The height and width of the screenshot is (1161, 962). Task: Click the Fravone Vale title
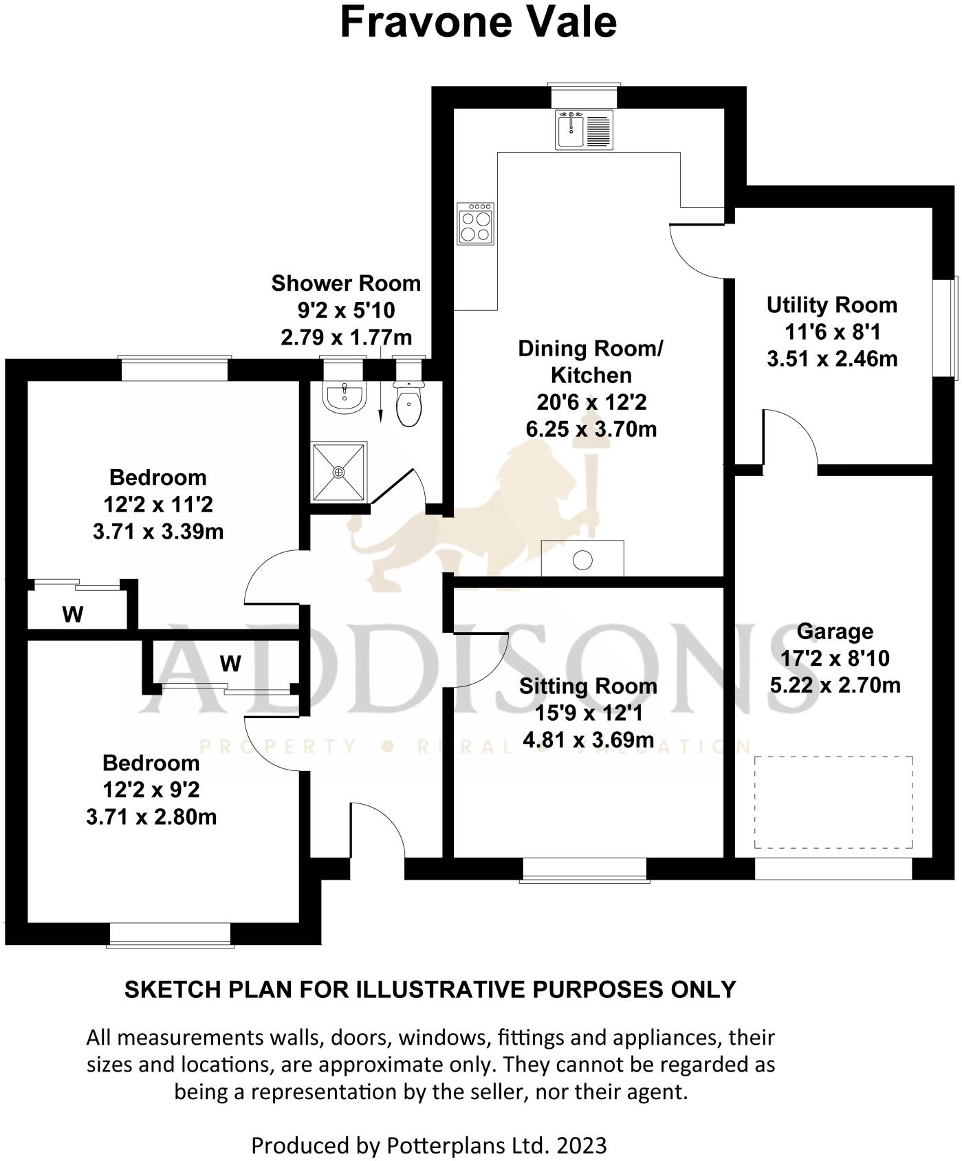478,22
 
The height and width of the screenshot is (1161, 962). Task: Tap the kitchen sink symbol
584,130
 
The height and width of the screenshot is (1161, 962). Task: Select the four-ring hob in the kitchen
476,224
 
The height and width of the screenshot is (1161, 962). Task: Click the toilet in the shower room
408,405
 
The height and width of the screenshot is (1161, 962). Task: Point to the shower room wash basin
344,397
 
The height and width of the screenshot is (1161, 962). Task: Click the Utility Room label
831,305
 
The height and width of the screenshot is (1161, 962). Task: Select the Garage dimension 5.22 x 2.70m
835,685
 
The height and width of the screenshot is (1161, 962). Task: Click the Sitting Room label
588,686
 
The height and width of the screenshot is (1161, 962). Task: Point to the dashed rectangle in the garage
833,803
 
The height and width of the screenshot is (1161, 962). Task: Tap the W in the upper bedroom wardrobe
73,614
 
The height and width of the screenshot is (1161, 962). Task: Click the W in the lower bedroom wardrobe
230,664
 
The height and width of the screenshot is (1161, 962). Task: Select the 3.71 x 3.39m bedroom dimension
158,532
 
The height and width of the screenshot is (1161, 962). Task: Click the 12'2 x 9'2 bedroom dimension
151,790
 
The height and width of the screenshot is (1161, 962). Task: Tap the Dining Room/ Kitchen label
591,362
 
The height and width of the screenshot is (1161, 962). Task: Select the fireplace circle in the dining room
582,561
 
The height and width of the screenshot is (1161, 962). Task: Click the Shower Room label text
346,283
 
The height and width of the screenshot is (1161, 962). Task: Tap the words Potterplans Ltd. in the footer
468,1146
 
